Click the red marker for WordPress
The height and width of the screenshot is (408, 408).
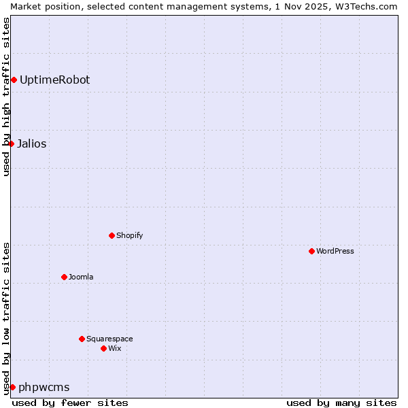point(311,251)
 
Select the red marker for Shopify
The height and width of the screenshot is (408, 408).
point(112,235)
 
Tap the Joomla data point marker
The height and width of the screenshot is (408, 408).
point(64,277)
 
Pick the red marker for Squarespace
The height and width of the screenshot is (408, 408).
point(82,339)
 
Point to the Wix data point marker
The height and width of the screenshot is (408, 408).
point(103,348)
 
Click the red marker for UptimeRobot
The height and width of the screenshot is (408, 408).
point(14,80)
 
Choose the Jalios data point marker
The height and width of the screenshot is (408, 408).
point(11,143)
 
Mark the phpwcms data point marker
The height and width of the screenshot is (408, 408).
point(12,387)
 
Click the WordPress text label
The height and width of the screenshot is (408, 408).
point(335,251)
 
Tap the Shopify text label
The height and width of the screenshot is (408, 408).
point(129,235)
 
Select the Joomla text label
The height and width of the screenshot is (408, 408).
point(81,277)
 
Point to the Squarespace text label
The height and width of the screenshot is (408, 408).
point(109,339)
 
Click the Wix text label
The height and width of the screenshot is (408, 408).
point(115,348)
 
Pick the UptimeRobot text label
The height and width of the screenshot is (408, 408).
point(54,80)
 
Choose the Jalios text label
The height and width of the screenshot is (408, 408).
point(31,143)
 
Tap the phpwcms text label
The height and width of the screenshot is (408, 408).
point(44,387)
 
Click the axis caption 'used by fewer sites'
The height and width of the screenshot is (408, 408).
point(70,403)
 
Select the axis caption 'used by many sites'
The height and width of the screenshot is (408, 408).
point(341,403)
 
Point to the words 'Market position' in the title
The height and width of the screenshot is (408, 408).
point(39,6)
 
